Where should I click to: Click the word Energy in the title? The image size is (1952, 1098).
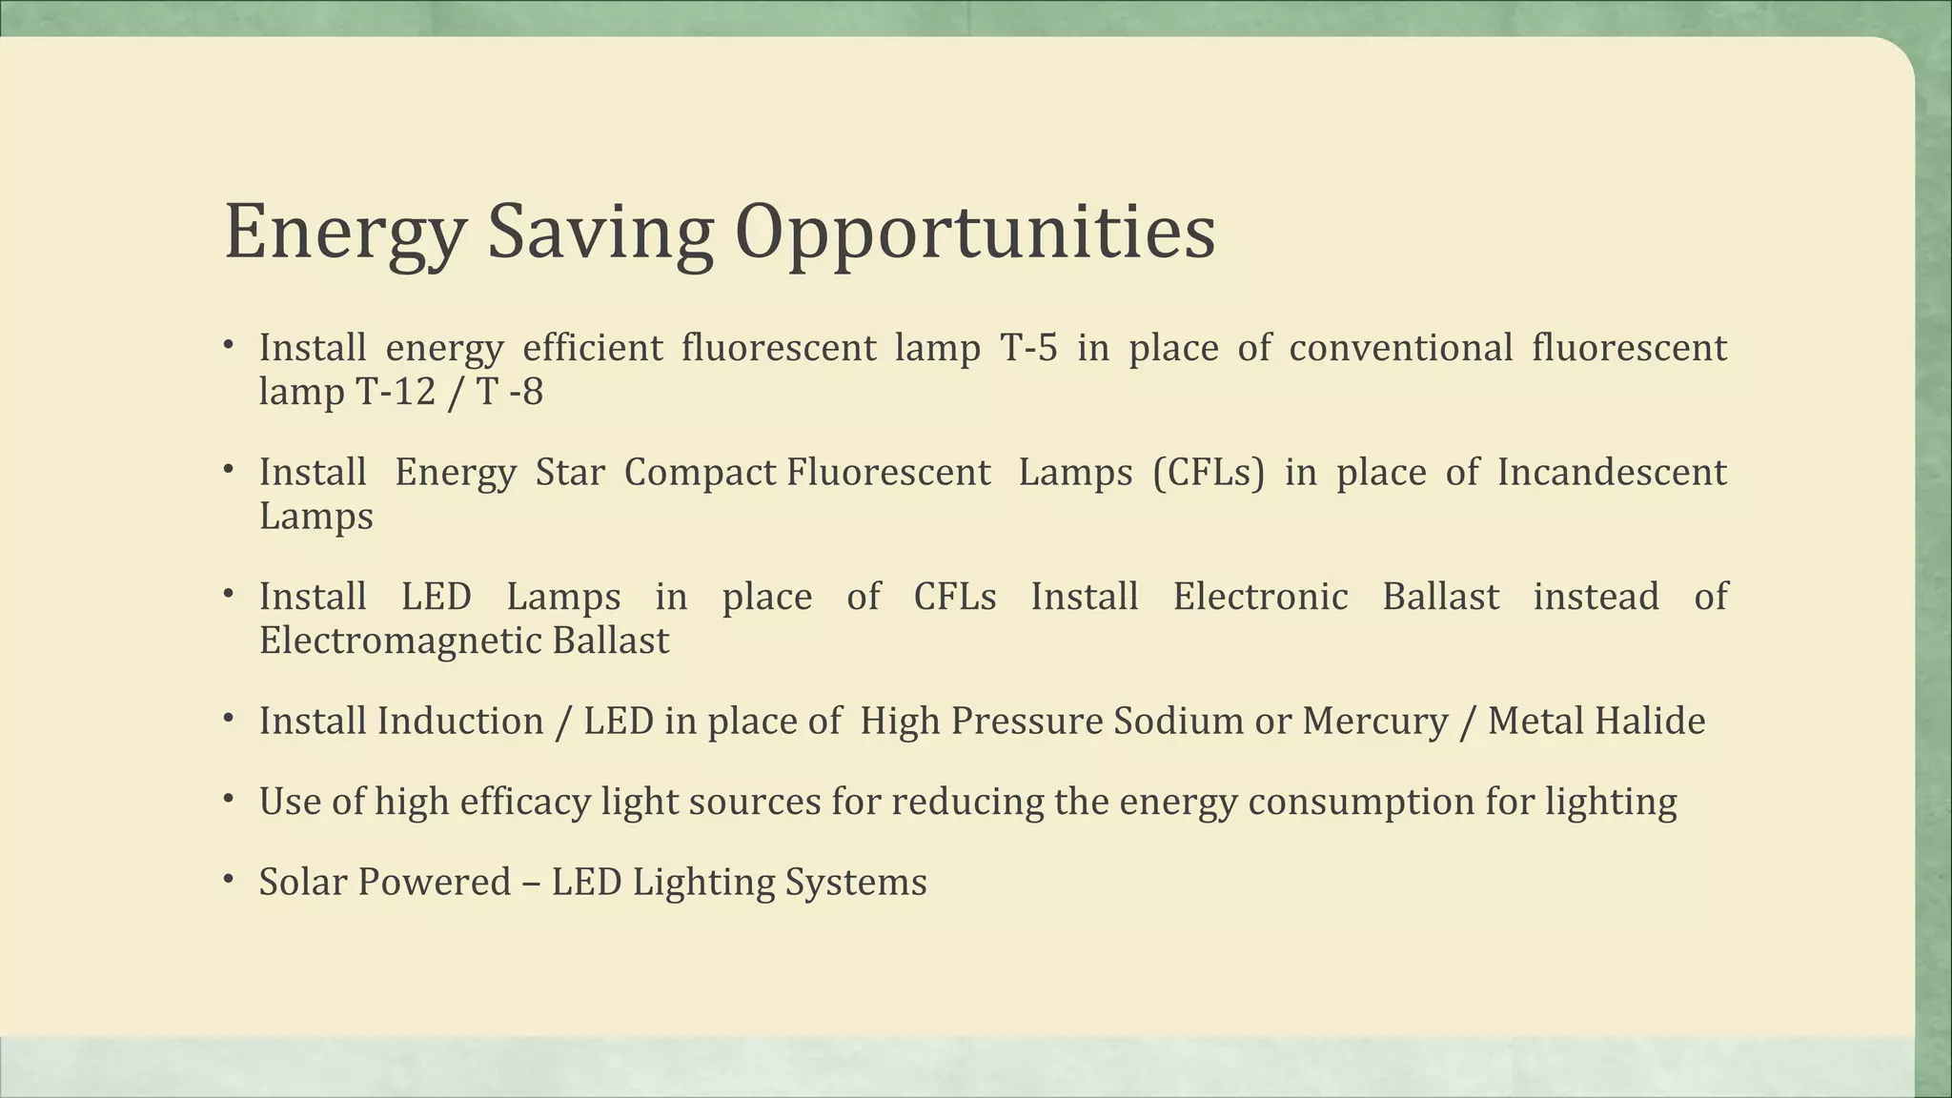click(x=344, y=234)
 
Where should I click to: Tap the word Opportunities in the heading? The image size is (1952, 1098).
click(x=974, y=234)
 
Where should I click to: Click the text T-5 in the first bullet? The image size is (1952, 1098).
click(x=1028, y=348)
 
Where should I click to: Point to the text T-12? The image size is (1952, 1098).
click(x=396, y=392)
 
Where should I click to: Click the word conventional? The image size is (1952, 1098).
click(x=1400, y=348)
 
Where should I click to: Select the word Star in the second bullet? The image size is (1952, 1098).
click(x=570, y=473)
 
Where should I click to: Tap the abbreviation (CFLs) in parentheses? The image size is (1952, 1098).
click(x=1208, y=473)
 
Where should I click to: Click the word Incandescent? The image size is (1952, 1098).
click(x=1611, y=473)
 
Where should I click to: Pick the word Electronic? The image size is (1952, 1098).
click(x=1260, y=597)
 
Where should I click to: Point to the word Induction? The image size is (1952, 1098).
click(x=460, y=722)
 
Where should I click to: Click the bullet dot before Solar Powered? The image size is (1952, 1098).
click(x=229, y=878)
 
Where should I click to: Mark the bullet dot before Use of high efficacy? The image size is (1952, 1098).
click(x=229, y=798)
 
